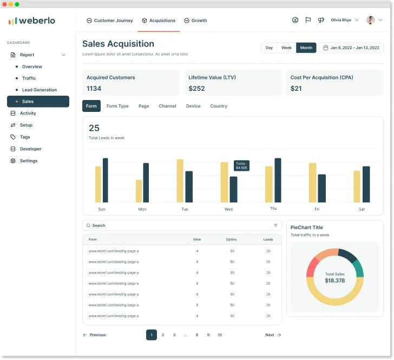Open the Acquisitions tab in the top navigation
click(159, 21)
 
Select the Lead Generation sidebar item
click(39, 90)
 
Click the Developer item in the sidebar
click(30, 149)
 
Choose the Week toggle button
click(286, 48)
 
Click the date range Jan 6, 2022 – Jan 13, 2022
click(351, 48)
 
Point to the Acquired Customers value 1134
click(94, 89)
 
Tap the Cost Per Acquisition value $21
click(296, 89)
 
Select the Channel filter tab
click(167, 106)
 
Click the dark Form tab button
click(91, 106)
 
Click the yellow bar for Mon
click(139, 191)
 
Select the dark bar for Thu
click(278, 180)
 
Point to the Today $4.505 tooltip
click(241, 165)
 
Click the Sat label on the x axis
click(362, 209)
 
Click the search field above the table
click(179, 225)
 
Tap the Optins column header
click(232, 239)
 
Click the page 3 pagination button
click(174, 335)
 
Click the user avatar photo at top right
click(371, 20)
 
